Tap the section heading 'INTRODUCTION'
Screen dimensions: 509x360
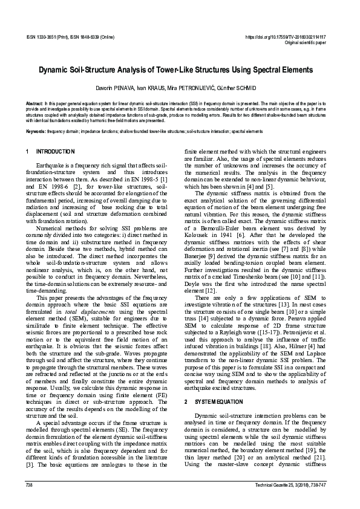pos(56,151)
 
